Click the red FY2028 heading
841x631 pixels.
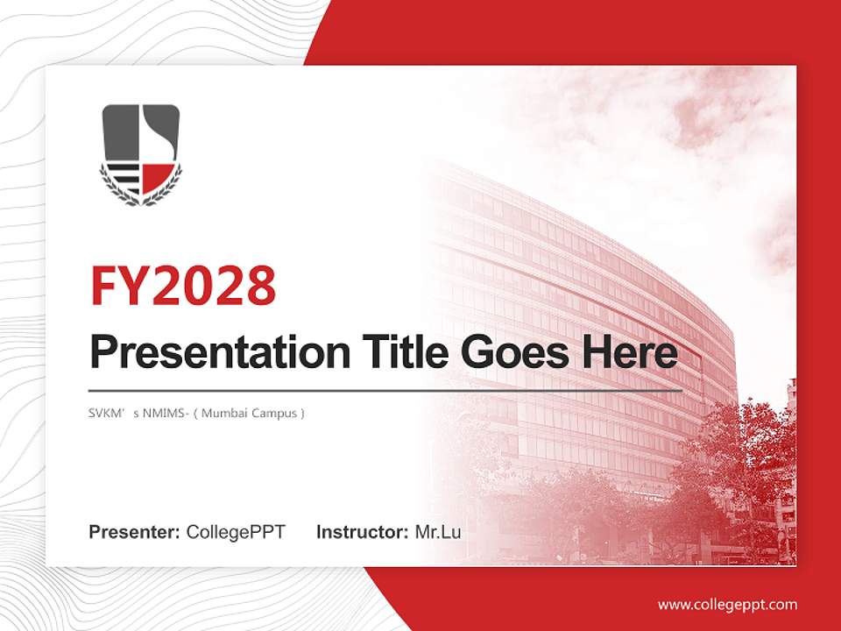(x=183, y=286)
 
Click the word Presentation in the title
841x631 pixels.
(x=220, y=352)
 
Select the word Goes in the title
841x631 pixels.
(x=515, y=352)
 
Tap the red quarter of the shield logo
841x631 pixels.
(x=158, y=177)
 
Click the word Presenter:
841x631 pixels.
(x=134, y=532)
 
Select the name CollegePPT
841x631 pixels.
(x=236, y=532)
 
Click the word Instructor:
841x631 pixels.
(x=363, y=532)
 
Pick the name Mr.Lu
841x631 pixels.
(x=438, y=532)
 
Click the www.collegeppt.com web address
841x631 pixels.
(x=727, y=606)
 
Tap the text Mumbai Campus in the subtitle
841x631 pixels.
(x=249, y=413)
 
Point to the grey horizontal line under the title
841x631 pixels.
(x=385, y=391)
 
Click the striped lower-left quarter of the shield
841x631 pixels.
(x=124, y=178)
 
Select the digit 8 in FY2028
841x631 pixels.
(x=262, y=286)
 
